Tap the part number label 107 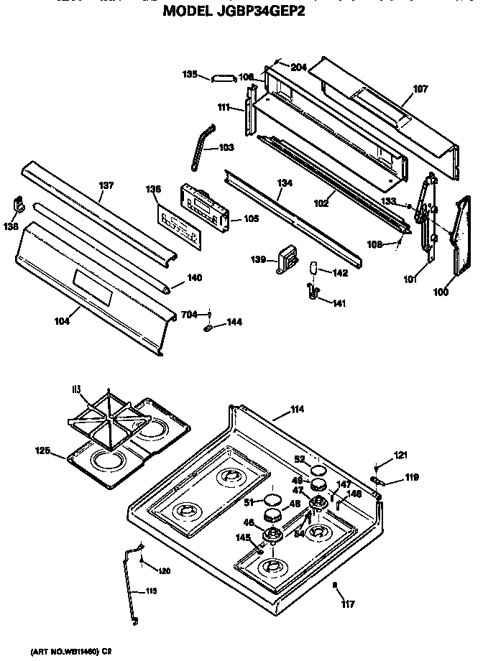[420, 90]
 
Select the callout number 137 [106, 186]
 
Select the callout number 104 [62, 322]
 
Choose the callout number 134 [285, 183]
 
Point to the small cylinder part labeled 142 [313, 269]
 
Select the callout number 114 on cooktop [297, 410]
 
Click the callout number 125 [42, 450]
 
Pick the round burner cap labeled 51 [272, 499]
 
